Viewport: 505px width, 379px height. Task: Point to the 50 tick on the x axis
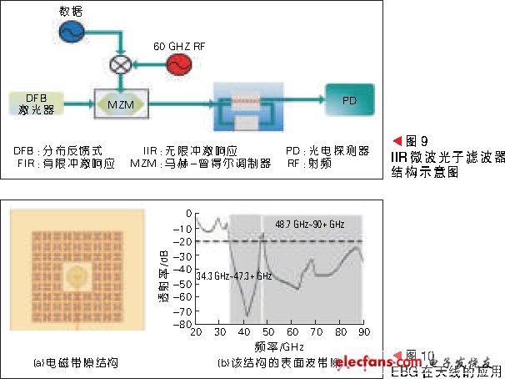[268, 332]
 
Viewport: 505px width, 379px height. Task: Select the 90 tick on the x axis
[362, 332]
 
